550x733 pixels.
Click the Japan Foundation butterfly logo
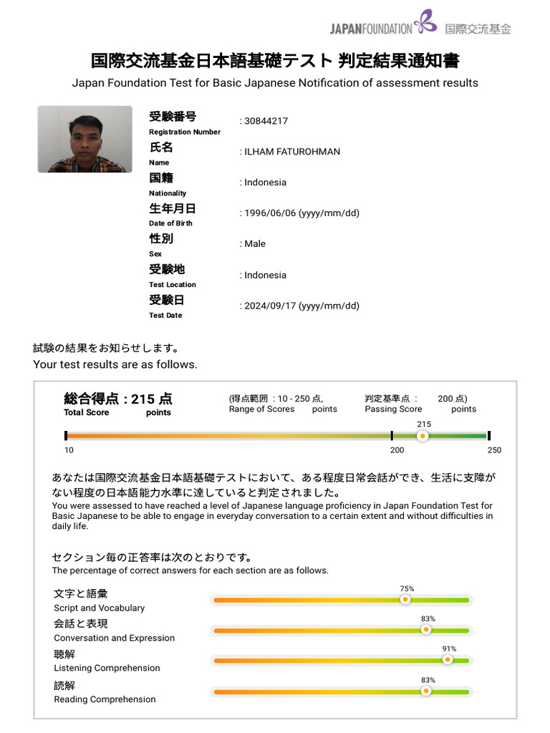tap(425, 21)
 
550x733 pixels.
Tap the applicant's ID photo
tap(85, 139)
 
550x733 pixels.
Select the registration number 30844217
tap(266, 121)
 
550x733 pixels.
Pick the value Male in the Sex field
tap(255, 244)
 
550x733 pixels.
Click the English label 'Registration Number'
tap(185, 132)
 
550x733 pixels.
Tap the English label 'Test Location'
tap(172, 285)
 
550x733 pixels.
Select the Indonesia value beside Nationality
tap(265, 183)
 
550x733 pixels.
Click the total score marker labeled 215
tap(423, 435)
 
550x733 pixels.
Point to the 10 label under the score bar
tap(69, 450)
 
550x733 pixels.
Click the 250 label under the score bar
tap(494, 450)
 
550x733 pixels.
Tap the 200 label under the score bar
tap(397, 450)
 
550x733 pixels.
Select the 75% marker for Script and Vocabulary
tap(405, 600)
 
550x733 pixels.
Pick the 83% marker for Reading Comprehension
tap(426, 691)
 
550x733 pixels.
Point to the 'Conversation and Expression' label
tap(114, 638)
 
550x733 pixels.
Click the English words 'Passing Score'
tap(393, 409)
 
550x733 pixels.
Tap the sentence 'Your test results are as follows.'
tap(115, 364)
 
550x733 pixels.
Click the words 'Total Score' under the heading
tap(86, 412)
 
